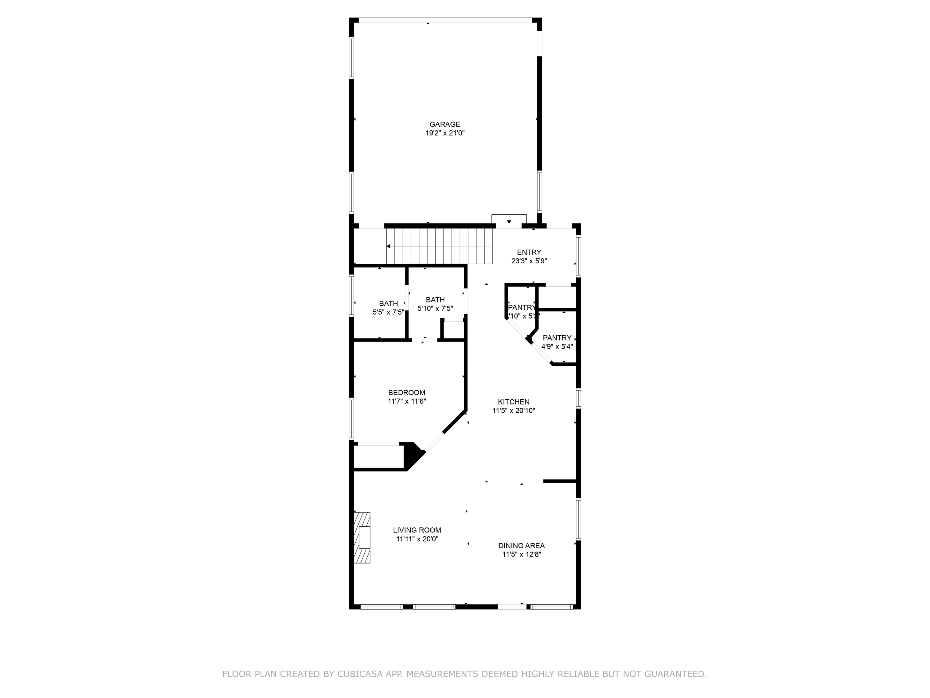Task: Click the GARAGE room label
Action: (445, 124)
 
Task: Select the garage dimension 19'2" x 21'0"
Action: (445, 133)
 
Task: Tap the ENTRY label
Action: (529, 252)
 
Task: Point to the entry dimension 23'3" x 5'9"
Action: (529, 261)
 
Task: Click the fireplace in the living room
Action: (362, 537)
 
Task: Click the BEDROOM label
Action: (406, 392)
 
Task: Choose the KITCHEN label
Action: (513, 402)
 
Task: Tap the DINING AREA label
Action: (521, 546)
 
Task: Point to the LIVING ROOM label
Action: (417, 530)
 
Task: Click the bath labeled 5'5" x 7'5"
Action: (388, 307)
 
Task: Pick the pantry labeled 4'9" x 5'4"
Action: (557, 342)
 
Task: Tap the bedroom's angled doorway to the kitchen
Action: (434, 442)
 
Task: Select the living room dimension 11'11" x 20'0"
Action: (417, 539)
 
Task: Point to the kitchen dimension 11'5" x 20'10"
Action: (513, 411)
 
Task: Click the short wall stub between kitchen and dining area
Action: (559, 481)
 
